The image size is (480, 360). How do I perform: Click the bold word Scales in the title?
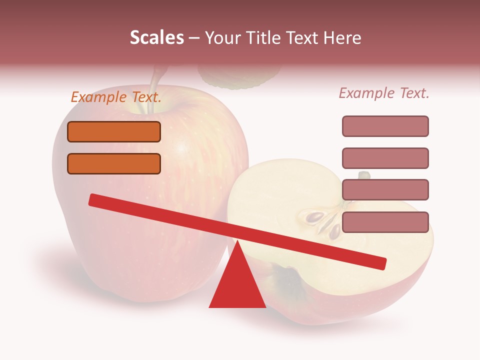(156, 38)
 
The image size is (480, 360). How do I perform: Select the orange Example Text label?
(116, 97)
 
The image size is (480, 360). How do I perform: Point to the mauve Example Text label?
(384, 93)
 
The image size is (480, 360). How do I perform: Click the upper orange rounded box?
(114, 132)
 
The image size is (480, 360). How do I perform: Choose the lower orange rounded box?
(114, 163)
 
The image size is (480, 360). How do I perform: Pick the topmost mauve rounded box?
(385, 126)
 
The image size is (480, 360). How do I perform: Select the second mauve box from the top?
(385, 158)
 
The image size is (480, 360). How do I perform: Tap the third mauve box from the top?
(385, 189)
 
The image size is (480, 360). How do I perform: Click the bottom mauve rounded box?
(385, 222)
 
